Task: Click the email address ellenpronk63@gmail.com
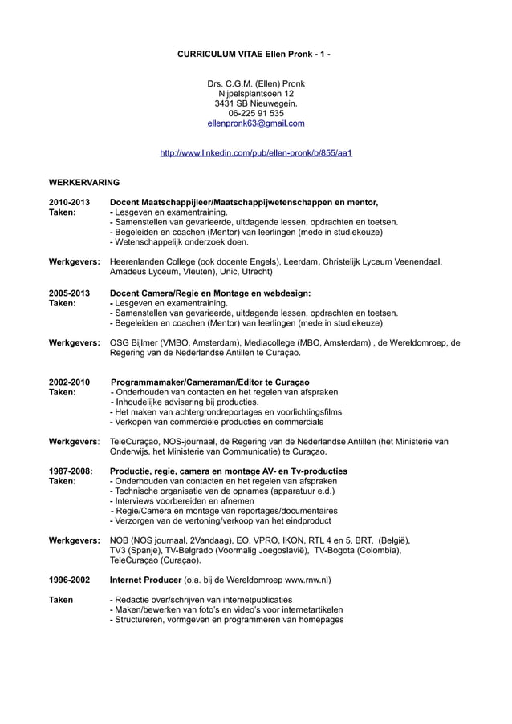pyautogui.click(x=256, y=123)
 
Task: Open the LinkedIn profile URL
pyautogui.click(x=256, y=152)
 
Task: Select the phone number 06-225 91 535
pyautogui.click(x=256, y=114)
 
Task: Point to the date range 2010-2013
pyautogui.click(x=70, y=202)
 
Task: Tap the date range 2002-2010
pyautogui.click(x=70, y=382)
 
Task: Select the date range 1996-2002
pyautogui.click(x=70, y=579)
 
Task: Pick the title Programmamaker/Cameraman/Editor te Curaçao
pyautogui.click(x=210, y=382)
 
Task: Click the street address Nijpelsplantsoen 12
pyautogui.click(x=256, y=94)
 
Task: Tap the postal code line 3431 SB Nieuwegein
pyautogui.click(x=256, y=103)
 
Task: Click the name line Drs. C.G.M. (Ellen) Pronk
pyautogui.click(x=256, y=83)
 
